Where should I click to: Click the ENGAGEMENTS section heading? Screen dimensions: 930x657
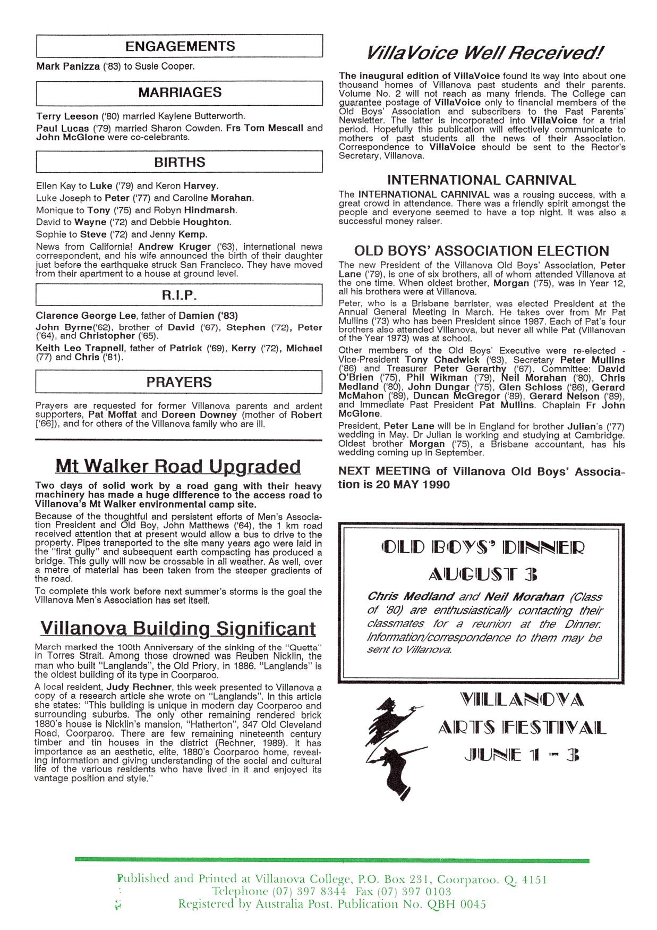point(180,46)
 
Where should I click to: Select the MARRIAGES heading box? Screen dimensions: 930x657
point(180,92)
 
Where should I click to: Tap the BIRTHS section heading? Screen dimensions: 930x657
point(180,162)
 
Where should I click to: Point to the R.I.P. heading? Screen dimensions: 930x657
point(180,295)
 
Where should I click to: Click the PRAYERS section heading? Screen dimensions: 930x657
point(180,382)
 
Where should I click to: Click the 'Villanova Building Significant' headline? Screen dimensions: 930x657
point(178,629)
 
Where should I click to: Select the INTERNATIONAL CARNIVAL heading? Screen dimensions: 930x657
point(481,180)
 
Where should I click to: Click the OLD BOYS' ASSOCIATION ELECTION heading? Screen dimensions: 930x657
point(481,251)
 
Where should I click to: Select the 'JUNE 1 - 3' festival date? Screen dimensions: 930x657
point(521,756)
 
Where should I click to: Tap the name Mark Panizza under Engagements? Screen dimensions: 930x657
point(68,67)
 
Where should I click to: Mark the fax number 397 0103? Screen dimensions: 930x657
point(422,891)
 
